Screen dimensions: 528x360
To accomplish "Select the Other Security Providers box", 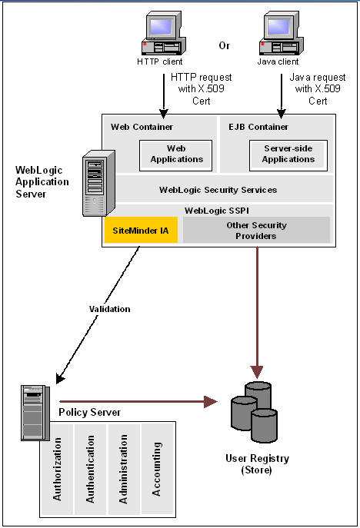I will coord(256,230).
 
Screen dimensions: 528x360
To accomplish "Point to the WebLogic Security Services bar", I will coord(218,189).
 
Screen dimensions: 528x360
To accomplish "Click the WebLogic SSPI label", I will coord(218,210).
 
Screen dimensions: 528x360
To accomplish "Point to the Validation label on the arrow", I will coord(109,309).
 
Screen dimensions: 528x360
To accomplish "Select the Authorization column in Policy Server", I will coord(58,469).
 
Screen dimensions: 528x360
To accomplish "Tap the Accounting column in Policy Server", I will coord(157,467).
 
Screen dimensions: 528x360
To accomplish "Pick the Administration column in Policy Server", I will coord(123,469).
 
